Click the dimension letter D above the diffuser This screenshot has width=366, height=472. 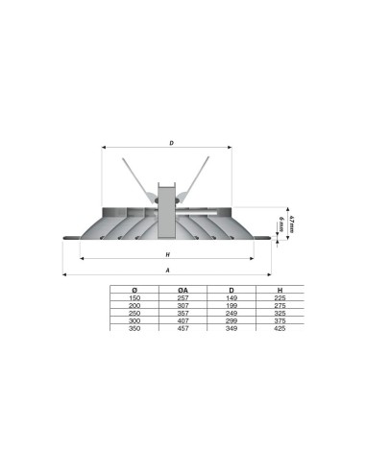click(x=171, y=144)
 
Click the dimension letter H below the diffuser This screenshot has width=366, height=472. click(x=167, y=255)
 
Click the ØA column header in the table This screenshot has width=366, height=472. click(x=183, y=290)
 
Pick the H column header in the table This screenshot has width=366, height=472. click(x=279, y=290)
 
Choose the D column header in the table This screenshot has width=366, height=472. click(x=232, y=290)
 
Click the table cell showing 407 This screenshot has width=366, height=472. click(x=183, y=321)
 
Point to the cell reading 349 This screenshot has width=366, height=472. click(x=232, y=329)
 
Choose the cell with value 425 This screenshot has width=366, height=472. click(x=279, y=329)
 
